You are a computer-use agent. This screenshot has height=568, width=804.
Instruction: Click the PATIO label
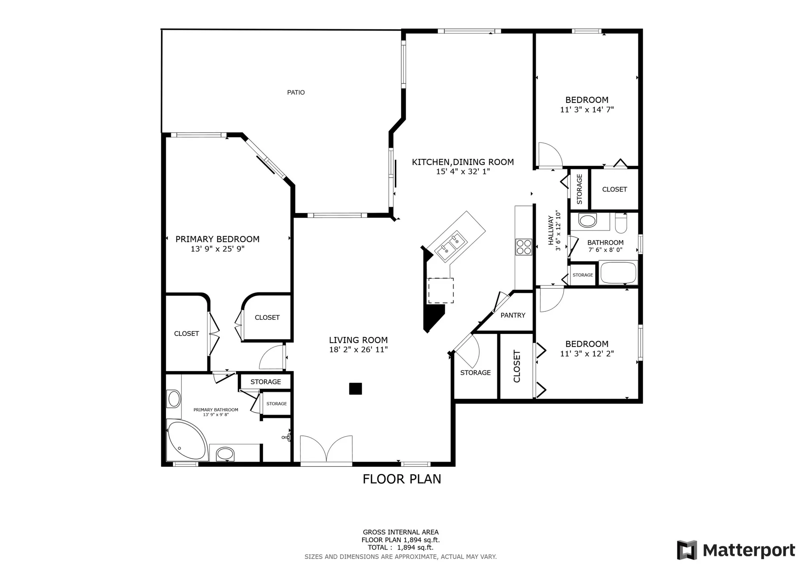[296, 92]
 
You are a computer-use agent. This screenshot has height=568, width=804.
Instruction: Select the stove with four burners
[524, 247]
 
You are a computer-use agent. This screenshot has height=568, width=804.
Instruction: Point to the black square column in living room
[355, 388]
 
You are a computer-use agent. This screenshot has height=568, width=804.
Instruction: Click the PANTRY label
[513, 315]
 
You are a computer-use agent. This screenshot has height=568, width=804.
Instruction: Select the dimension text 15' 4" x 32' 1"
[463, 172]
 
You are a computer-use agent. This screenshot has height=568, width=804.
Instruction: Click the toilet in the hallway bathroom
[621, 224]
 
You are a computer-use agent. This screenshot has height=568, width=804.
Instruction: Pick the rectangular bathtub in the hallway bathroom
[618, 272]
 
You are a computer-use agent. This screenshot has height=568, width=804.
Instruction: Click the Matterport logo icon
[687, 550]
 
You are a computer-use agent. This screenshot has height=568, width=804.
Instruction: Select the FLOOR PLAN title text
[402, 479]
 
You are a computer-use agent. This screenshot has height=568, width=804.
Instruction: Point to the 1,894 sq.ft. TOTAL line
[400, 547]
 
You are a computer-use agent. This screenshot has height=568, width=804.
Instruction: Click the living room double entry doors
[326, 449]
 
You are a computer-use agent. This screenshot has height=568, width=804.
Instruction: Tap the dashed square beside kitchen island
[441, 290]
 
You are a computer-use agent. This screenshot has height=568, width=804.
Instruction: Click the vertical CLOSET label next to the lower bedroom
[517, 366]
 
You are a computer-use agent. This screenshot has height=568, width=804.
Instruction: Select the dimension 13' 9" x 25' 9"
[217, 249]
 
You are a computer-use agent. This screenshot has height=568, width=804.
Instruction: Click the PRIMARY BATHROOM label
[216, 410]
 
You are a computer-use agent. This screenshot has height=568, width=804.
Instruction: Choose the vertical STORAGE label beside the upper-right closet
[579, 189]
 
